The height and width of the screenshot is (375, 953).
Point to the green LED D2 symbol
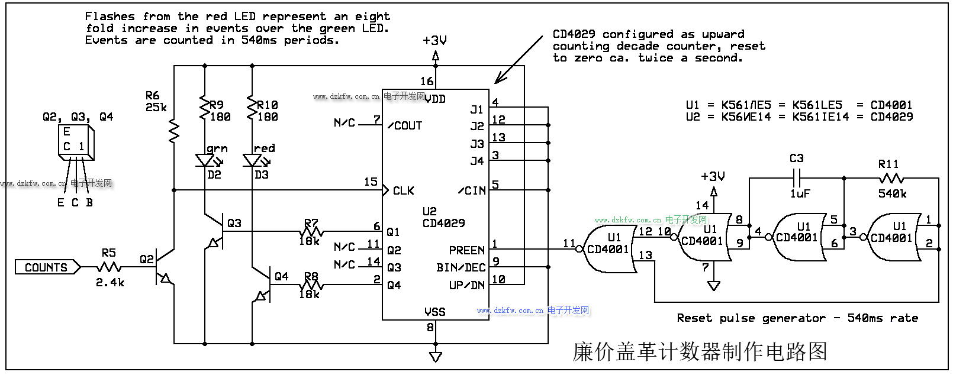tap(205, 160)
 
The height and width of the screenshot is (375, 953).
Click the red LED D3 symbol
tap(252, 160)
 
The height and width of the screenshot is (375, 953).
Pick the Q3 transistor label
tap(234, 223)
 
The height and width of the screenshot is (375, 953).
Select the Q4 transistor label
tap(281, 276)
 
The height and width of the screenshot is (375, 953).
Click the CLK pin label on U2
tap(403, 190)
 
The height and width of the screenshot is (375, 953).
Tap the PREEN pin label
tap(466, 250)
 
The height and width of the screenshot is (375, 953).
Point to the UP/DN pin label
tap(466, 285)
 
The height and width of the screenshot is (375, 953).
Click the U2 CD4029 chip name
tap(443, 218)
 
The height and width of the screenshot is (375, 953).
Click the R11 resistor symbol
tap(891, 177)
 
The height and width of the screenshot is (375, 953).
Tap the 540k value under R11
tap(892, 193)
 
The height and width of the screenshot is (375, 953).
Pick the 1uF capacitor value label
tap(800, 193)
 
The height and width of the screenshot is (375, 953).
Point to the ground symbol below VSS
tap(436, 356)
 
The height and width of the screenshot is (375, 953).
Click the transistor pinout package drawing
tap(76, 142)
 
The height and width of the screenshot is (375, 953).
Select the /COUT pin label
tap(405, 125)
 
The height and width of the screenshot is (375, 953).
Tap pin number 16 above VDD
tap(427, 81)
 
